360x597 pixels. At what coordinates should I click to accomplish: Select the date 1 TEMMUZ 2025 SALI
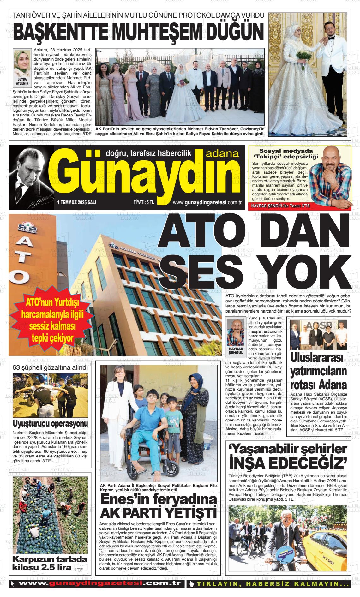point(77,202)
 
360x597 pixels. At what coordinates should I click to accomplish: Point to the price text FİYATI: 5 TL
point(144,202)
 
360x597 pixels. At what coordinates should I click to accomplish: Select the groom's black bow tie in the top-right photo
point(331,38)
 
